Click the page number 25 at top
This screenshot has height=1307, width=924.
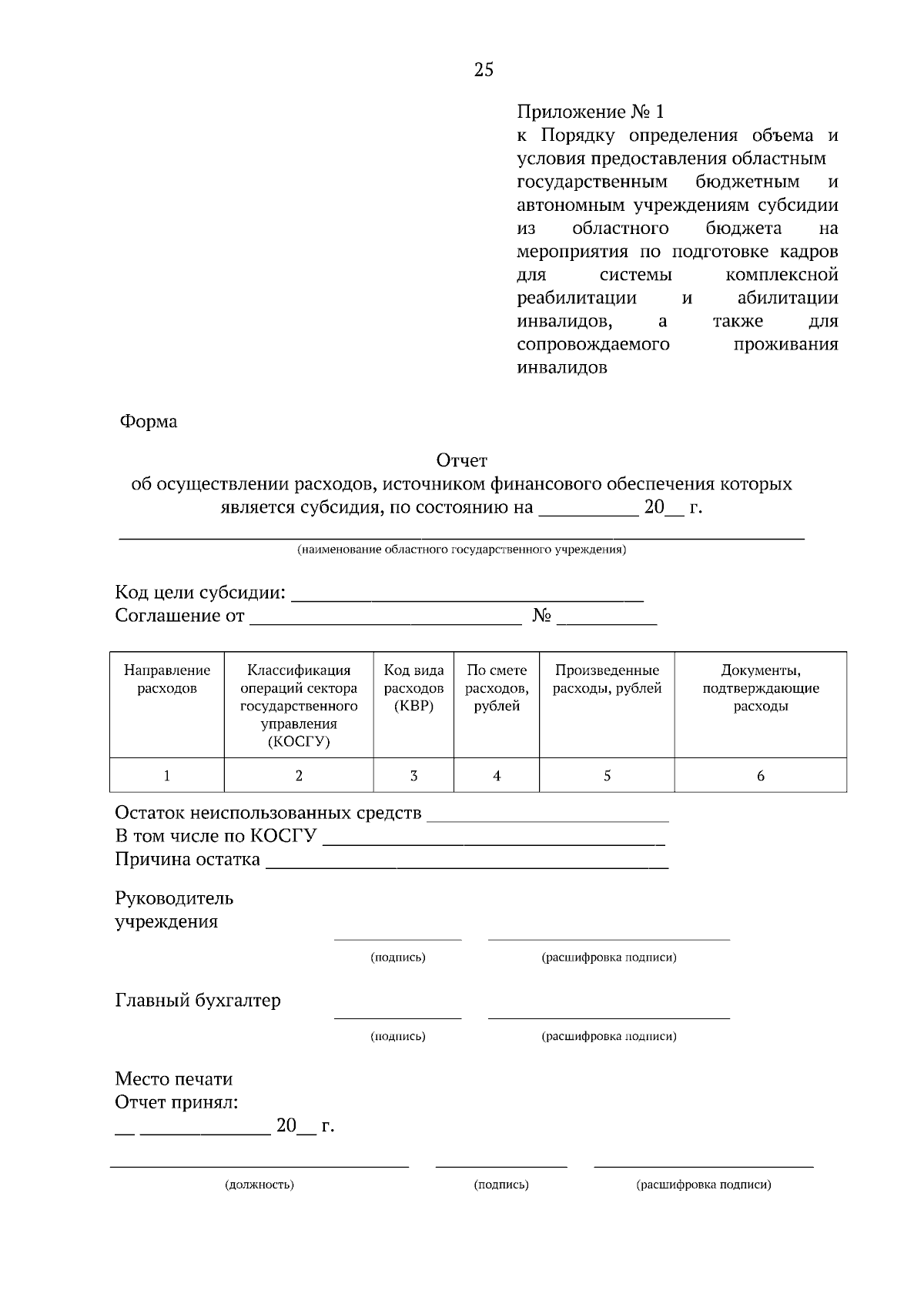(484, 70)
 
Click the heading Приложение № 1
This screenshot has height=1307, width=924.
(589, 112)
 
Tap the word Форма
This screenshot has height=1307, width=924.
(148, 422)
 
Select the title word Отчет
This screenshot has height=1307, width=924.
(462, 460)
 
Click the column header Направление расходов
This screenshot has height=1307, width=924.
(167, 679)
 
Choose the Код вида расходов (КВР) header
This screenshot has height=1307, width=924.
(413, 688)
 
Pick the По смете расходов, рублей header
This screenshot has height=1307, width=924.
(497, 688)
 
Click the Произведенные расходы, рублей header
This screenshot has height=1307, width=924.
(607, 679)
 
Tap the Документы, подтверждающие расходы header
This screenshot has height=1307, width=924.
(760, 688)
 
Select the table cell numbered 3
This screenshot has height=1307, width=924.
(413, 776)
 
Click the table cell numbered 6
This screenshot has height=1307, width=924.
(760, 776)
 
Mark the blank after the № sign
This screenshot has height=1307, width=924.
(607, 620)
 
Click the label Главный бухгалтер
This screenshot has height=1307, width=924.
(198, 1001)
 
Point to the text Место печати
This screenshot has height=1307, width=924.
(173, 1079)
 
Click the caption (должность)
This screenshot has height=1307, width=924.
(259, 1185)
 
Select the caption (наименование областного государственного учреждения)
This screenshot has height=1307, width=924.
(462, 550)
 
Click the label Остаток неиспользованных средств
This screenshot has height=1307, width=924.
(268, 813)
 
